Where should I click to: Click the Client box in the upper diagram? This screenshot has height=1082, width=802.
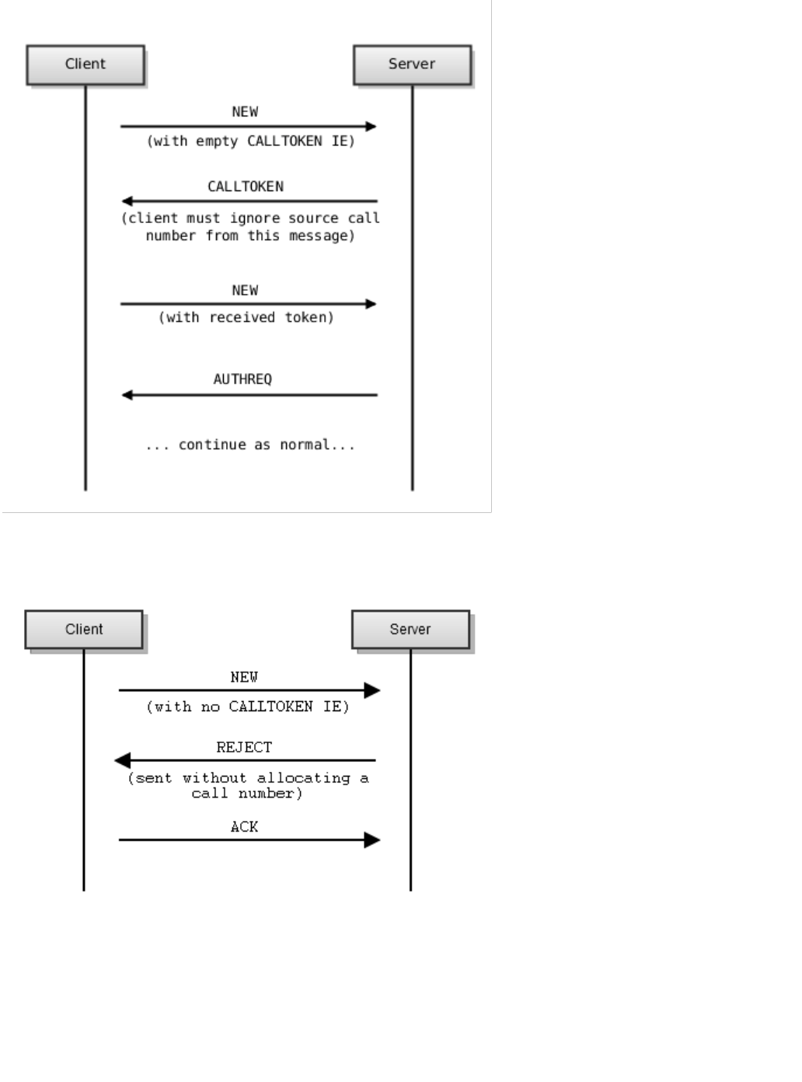[85, 65]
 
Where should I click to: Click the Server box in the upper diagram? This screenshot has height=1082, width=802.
[412, 65]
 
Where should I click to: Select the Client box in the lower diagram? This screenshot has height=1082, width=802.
[84, 630]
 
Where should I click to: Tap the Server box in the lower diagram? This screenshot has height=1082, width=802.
[410, 630]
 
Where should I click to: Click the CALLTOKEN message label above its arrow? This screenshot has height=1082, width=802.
[246, 187]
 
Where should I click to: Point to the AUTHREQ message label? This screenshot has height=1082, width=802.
[242, 379]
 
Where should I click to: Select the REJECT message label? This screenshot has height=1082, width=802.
[244, 748]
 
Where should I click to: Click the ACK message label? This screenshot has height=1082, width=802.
[244, 827]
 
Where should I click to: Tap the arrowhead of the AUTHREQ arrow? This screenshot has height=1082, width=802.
[127, 395]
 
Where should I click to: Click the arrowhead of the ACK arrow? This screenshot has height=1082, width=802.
[372, 839]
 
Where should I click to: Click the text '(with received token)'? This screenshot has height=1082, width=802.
[246, 317]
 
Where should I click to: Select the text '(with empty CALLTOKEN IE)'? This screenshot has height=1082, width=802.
[251, 141]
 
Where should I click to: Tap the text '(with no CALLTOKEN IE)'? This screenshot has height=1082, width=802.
[248, 707]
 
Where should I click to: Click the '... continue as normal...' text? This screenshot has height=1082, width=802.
[250, 445]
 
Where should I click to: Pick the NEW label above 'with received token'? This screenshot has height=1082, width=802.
[245, 291]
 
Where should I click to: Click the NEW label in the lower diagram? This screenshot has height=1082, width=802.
[244, 678]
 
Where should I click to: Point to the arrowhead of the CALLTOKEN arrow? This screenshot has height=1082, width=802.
[127, 201]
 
